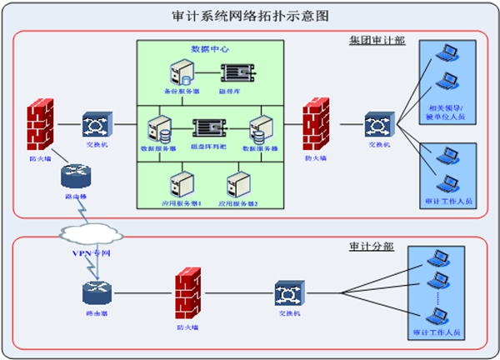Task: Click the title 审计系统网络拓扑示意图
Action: [x=249, y=16]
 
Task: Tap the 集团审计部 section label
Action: [x=377, y=40]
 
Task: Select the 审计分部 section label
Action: [x=372, y=247]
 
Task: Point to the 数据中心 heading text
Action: [x=207, y=49]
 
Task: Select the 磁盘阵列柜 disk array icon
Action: [x=210, y=127]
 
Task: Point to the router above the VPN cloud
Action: [x=72, y=177]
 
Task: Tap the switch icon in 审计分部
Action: [x=288, y=294]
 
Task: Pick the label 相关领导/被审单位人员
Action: [x=449, y=114]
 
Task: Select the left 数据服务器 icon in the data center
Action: [x=157, y=128]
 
